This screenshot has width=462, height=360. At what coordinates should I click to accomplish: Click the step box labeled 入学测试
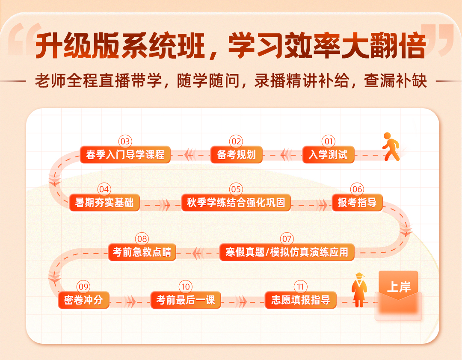pos(328,155)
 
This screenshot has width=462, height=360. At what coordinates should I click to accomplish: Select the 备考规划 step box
pos(236,155)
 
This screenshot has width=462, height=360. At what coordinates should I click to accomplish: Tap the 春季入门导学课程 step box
pos(125,155)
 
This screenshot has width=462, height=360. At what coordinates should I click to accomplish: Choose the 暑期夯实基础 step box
pos(104,202)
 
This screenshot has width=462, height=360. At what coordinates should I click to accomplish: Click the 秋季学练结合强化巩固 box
pos(236,202)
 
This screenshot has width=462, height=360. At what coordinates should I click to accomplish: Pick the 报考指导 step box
pos(357,202)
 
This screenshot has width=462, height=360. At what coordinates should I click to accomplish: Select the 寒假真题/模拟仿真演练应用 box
pos(287,252)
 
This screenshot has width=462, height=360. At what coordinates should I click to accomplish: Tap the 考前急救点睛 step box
pos(142,252)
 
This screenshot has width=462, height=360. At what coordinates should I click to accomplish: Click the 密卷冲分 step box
pos(84,300)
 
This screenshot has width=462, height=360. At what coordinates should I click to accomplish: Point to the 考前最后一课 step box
pos(186,300)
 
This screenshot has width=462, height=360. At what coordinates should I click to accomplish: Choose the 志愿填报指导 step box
pos(301,300)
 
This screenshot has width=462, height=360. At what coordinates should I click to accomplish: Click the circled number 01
pos(329,142)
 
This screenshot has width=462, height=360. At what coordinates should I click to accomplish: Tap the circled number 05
pos(236,189)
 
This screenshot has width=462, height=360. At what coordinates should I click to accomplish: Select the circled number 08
pos(142,239)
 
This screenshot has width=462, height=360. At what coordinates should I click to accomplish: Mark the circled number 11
pos(301,286)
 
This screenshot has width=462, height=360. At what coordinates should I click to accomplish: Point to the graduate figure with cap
pos(359,290)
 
